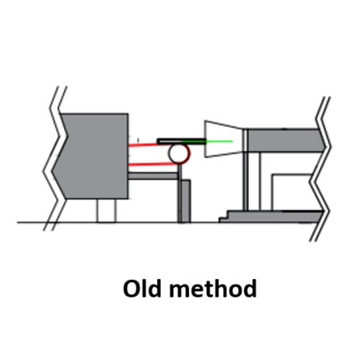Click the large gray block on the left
point(92,156)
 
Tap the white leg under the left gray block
point(106,211)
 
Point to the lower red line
point(152,164)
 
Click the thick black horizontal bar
point(182,141)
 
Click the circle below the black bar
point(178,154)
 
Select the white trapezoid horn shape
point(224,139)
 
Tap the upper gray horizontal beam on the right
point(286,140)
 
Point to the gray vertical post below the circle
point(184,200)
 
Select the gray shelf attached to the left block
point(152,176)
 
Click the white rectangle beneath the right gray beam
point(292,192)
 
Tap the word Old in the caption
point(142,289)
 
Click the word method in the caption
point(212,289)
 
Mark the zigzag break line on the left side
point(55,158)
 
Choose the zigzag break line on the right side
point(320,169)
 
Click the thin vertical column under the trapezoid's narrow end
point(246,181)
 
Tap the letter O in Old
point(131,289)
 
